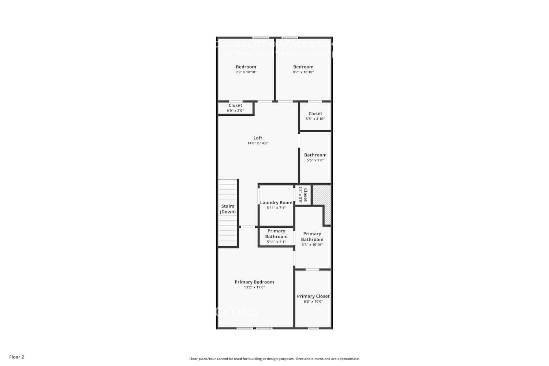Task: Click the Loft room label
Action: [x=258, y=138]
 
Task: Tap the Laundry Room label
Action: [x=276, y=202]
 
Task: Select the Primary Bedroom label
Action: [x=254, y=282]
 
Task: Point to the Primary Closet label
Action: [x=313, y=296]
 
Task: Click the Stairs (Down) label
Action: [x=228, y=209]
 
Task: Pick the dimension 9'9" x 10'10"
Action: [x=246, y=72]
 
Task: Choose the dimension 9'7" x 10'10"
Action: [x=303, y=72]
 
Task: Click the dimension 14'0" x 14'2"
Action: [x=258, y=143]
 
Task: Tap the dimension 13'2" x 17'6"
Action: [x=254, y=287]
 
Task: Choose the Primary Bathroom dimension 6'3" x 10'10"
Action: [x=312, y=245]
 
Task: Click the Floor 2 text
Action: [x=16, y=357]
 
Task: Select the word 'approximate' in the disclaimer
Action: [x=348, y=359]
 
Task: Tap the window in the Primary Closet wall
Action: [x=313, y=328]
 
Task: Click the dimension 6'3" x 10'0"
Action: [x=313, y=302]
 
